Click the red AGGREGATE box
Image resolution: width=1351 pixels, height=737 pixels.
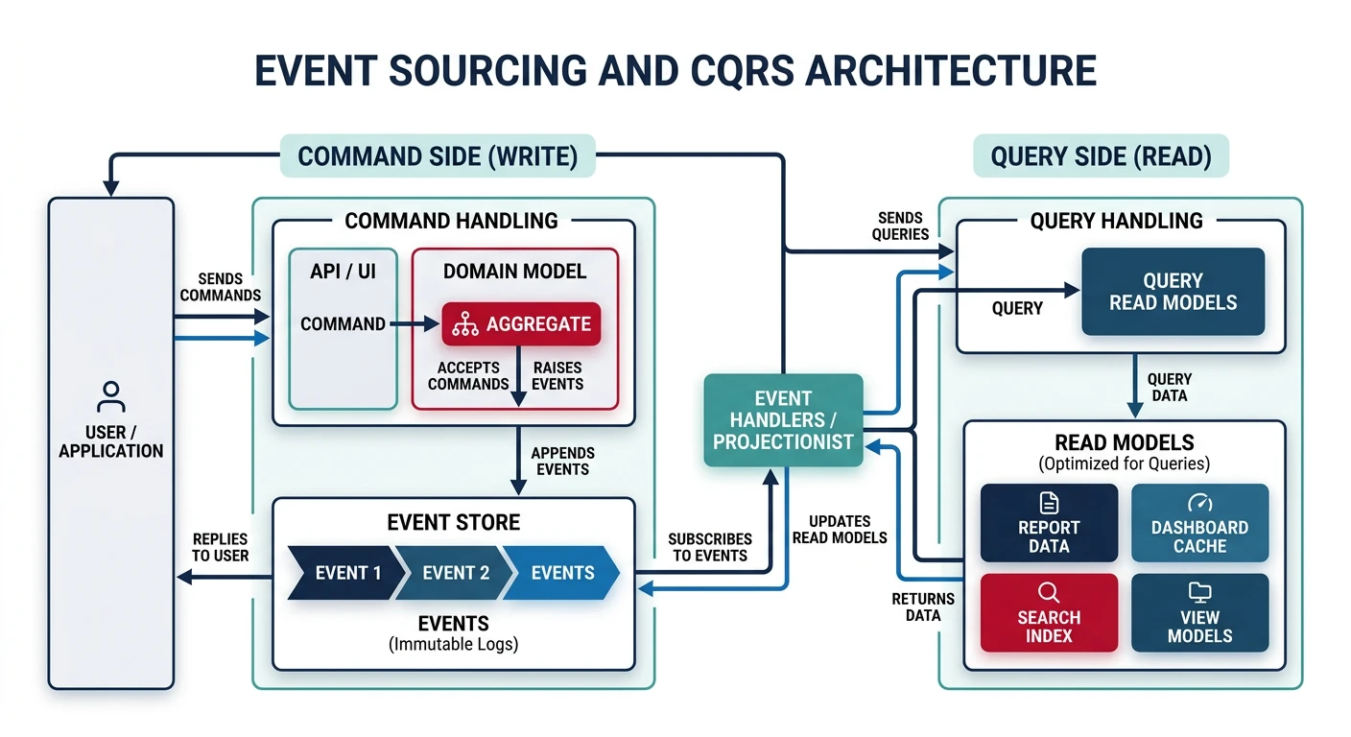coord(521,324)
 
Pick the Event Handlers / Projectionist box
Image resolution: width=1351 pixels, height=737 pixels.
coord(783,420)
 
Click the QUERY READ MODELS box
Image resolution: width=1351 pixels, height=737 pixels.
coord(1173,292)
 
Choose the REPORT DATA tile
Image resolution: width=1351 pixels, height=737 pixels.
coord(1049,523)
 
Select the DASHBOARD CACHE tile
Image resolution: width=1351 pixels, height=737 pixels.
coord(1199,523)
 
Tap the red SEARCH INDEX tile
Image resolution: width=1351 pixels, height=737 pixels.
coord(1049,613)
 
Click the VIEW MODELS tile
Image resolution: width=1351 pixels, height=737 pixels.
coord(1199,613)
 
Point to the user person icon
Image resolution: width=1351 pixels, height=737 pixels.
coord(111,396)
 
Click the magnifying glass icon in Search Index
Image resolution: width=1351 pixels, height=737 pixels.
coord(1049,592)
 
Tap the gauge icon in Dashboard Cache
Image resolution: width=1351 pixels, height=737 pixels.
coord(1199,503)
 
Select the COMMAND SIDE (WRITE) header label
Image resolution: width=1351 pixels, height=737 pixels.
coord(438,156)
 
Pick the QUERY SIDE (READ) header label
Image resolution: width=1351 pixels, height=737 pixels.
coord(1101,156)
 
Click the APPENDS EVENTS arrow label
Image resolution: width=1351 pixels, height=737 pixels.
coord(562,461)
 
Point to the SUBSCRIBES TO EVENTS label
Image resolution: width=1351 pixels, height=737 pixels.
coord(710,547)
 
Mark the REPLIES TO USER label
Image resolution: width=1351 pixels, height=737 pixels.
coord(220,547)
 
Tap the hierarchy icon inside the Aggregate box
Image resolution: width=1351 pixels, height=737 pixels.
coord(465,324)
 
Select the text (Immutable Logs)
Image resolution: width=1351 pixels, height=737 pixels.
coord(453,645)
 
